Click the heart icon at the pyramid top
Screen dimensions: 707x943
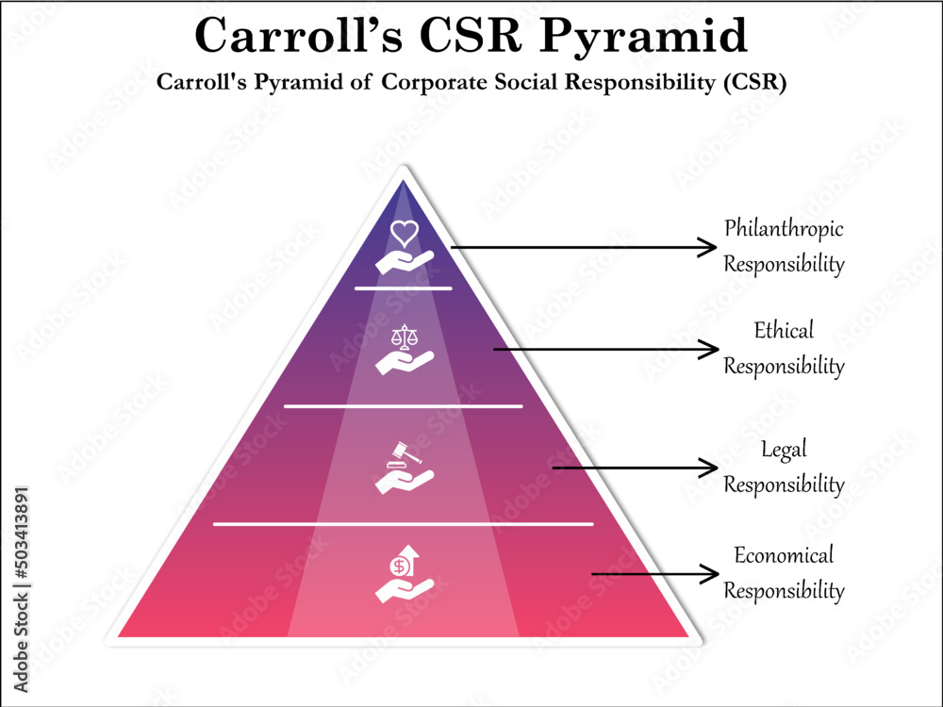tap(404, 231)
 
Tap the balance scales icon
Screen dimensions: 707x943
tap(405, 336)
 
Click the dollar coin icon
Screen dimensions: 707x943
tap(401, 566)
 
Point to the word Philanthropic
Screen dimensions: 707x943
tap(784, 229)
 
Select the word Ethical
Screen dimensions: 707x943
tap(784, 331)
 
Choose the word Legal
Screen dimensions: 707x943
tap(784, 450)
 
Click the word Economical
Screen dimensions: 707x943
tap(784, 555)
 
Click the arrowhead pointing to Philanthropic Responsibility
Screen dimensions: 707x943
tap(706, 248)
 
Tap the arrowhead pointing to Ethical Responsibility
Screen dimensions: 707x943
tap(706, 350)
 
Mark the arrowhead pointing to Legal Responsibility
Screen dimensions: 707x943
tap(706, 468)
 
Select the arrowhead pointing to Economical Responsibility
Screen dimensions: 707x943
tap(706, 573)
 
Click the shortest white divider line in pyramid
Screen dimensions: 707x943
tap(404, 288)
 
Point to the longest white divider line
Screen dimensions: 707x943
tap(404, 523)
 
